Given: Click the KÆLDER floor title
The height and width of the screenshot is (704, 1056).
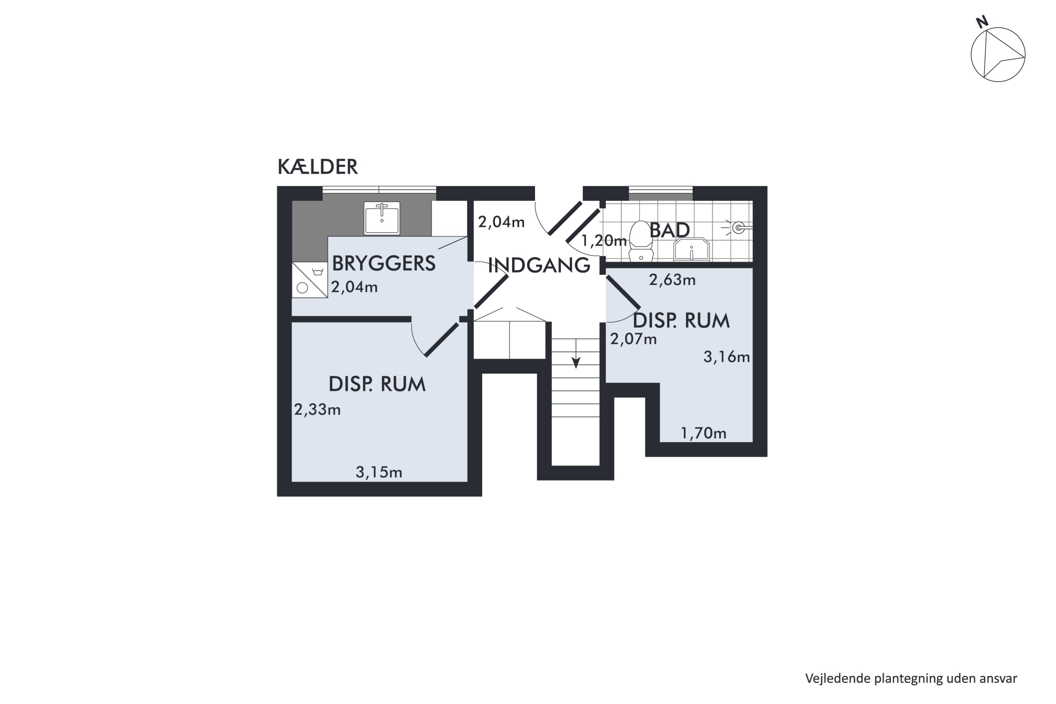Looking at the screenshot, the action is tap(318, 167).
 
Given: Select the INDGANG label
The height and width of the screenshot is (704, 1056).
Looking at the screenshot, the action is tap(539, 265).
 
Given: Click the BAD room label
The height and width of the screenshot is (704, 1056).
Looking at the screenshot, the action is tap(670, 230).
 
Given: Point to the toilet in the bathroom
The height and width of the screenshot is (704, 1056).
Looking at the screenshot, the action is tap(641, 241).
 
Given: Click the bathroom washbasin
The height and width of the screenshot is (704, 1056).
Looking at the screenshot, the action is tap(691, 249).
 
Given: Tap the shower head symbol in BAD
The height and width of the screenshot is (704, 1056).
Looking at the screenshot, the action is tap(736, 228).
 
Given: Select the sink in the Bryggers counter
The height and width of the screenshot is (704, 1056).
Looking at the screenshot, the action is tap(382, 218).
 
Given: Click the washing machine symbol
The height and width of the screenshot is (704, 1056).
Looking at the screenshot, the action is tap(310, 280).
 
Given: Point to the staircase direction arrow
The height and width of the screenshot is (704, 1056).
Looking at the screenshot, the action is tap(576, 354).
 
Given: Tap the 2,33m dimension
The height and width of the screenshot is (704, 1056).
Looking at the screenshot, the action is tap(318, 409).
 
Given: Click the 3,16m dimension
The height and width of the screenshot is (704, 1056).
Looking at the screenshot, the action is tap(727, 357).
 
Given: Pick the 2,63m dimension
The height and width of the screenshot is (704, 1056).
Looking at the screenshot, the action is tap(672, 280).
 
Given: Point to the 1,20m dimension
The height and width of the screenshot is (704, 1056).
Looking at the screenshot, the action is tap(604, 241).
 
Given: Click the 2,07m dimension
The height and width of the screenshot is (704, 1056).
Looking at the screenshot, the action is tap(633, 339).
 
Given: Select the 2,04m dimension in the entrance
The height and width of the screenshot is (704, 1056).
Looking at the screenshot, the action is tap(501, 222).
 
